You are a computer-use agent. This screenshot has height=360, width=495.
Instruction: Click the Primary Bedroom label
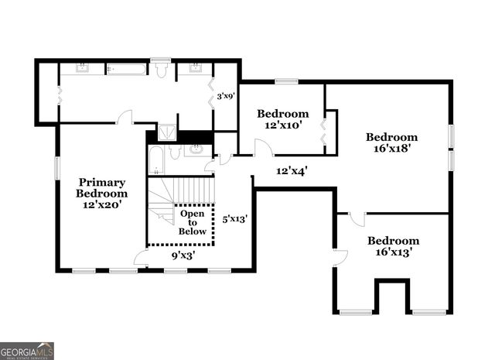(x=101, y=193)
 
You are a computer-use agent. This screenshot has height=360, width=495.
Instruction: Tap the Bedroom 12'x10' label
(x=282, y=118)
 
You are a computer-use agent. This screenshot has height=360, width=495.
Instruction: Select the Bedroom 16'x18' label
(x=391, y=142)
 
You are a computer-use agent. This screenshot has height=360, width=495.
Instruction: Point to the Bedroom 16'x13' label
(x=393, y=246)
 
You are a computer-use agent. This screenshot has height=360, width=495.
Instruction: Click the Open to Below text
(x=193, y=222)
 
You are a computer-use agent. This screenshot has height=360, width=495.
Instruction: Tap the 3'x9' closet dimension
(x=225, y=97)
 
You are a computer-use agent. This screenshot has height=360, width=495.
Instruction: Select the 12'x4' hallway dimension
(x=292, y=170)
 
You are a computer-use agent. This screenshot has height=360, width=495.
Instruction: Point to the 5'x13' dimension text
(x=234, y=219)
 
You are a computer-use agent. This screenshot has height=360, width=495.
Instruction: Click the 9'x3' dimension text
(x=183, y=254)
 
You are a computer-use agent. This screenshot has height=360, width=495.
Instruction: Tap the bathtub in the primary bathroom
(x=126, y=70)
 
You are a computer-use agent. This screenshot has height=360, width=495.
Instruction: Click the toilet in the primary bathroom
(x=162, y=70)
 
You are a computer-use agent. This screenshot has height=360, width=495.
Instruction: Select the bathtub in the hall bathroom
(x=155, y=161)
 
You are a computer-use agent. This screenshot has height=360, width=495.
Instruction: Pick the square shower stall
(x=166, y=132)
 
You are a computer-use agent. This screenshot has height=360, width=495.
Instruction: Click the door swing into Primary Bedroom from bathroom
(x=125, y=118)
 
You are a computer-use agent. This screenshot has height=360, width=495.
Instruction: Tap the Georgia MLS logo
(x=27, y=350)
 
